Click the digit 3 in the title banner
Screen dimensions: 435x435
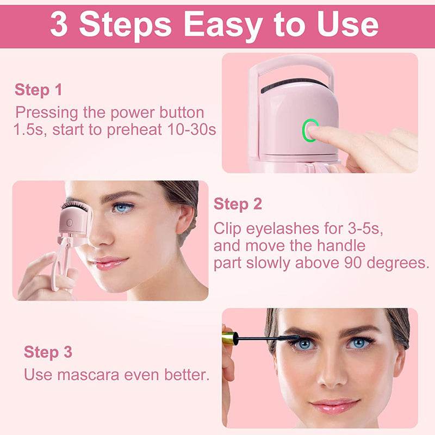pyautogui.click(x=59, y=24)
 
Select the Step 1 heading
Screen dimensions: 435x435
pyautogui.click(x=38, y=90)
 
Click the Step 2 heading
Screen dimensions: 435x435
pyautogui.click(x=238, y=204)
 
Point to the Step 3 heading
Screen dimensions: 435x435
pyautogui.click(x=48, y=352)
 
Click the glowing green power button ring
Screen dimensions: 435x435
pyautogui.click(x=310, y=131)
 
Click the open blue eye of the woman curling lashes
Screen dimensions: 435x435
pyautogui.click(x=123, y=207)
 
